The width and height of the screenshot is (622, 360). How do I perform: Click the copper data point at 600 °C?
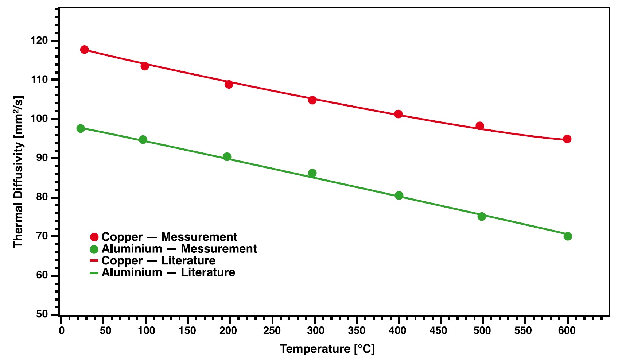(567, 139)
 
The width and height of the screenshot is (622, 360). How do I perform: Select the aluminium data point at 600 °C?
(568, 236)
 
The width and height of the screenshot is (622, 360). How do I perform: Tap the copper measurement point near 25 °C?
(84, 50)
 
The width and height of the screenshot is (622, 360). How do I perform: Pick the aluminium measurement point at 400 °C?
(399, 196)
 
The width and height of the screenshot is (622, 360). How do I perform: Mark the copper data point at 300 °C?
(312, 100)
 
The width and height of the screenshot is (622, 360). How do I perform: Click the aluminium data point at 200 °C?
(227, 157)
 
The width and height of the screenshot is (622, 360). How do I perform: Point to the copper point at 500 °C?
(480, 126)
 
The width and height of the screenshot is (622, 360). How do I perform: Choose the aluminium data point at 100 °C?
(143, 140)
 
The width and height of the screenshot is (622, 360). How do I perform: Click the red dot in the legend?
(94, 237)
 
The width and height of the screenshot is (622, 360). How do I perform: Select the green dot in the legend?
(94, 249)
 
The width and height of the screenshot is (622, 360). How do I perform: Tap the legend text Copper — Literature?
(158, 261)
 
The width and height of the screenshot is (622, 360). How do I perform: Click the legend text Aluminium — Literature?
(168, 272)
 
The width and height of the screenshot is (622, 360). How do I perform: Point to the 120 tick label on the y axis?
(39, 40)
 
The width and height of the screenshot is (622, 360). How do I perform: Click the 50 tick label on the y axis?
(42, 314)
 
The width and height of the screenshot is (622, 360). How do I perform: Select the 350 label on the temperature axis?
(356, 331)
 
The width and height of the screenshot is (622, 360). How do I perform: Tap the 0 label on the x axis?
(62, 331)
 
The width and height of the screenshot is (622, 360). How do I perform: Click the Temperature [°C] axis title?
(327, 349)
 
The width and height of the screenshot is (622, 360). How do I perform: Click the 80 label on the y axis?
(42, 197)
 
